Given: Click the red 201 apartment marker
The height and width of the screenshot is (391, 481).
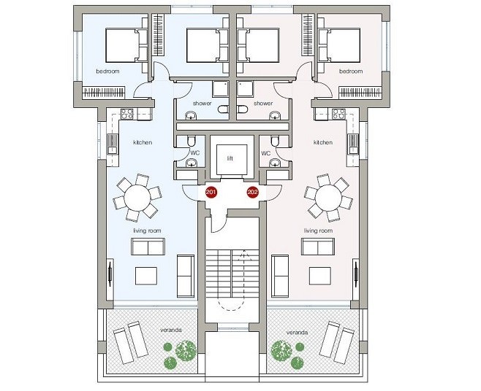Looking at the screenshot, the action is [x=211, y=193].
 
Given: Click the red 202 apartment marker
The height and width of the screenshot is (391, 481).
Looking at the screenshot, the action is [x=252, y=193].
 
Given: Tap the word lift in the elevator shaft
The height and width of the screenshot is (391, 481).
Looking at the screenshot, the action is [x=230, y=158].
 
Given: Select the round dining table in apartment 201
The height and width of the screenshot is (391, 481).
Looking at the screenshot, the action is [x=137, y=198].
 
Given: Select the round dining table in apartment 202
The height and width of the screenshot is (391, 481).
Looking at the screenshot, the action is [x=328, y=198].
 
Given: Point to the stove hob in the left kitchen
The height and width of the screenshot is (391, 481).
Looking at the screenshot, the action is [x=127, y=114].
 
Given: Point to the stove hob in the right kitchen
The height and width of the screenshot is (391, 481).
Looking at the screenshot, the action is [x=339, y=114].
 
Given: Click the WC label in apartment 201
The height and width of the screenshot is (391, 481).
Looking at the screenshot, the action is [x=195, y=152].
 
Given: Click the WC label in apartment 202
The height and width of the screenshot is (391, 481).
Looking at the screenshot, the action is [x=266, y=152].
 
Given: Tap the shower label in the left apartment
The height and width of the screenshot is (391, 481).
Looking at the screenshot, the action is [x=202, y=103].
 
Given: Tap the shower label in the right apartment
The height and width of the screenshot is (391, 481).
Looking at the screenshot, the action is [x=263, y=103].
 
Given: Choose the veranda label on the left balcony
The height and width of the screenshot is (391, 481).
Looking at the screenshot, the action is [x=171, y=330].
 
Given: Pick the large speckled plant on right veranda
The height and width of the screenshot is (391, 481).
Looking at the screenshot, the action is [x=281, y=351].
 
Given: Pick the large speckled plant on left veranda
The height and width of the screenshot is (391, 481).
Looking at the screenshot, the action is [x=186, y=351].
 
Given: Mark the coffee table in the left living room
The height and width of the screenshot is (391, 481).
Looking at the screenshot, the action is [x=146, y=276].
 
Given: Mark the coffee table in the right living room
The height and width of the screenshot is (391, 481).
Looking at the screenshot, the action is [x=320, y=276].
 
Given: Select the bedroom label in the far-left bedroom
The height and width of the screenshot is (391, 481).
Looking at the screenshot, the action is [x=107, y=71].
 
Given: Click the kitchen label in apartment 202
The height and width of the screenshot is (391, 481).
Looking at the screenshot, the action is [x=323, y=142].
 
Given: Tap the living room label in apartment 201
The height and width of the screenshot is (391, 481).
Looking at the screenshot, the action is [x=147, y=231].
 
